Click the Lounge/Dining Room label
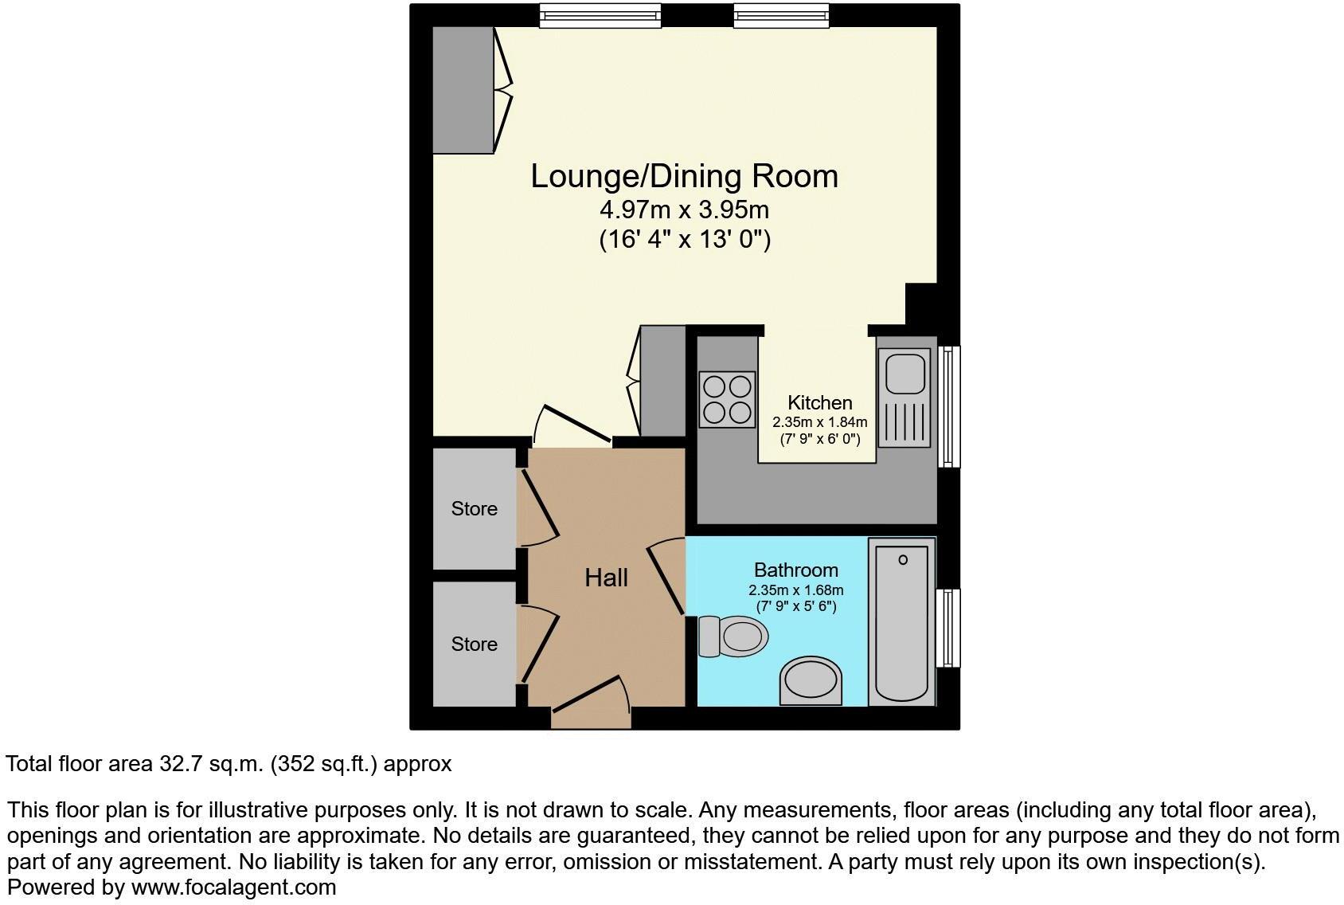pos(684,176)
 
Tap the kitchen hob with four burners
pos(727,399)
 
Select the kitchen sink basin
pos(904,374)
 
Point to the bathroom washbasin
pos(811,683)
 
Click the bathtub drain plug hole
pos(903,560)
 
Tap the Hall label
pos(606,578)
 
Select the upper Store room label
pos(474,508)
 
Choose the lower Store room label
pos(474,644)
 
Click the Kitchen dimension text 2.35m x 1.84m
pos(819,422)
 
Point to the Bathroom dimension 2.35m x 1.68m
pos(795,590)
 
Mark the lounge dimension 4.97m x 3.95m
pos(684,210)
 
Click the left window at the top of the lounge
pos(600,15)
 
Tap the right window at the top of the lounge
pos(781,15)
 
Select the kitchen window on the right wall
pos(948,405)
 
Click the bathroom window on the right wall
pos(948,627)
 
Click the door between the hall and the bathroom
pos(666,577)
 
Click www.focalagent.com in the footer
pos(233,887)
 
